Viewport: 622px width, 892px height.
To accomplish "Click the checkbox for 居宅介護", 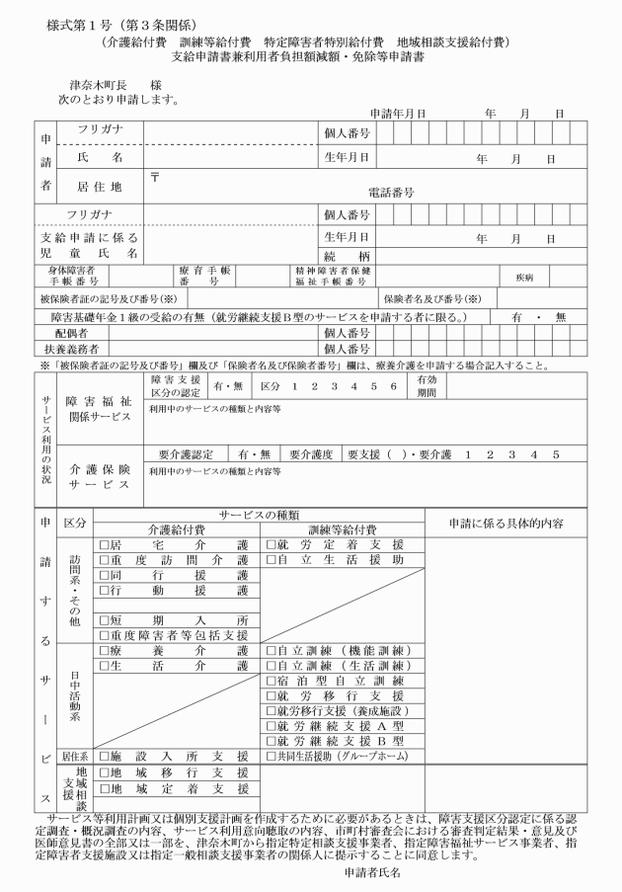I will pyautogui.click(x=103, y=544).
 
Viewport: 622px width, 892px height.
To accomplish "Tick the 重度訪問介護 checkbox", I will pyautogui.click(x=103, y=560).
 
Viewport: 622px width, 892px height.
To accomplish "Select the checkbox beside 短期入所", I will pyautogui.click(x=103, y=619).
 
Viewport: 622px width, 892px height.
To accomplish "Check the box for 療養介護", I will pyautogui.click(x=103, y=651).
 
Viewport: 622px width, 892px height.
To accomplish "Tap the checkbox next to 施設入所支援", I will pyautogui.click(x=103, y=756).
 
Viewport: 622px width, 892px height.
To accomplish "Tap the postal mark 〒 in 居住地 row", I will pyautogui.click(x=154, y=175).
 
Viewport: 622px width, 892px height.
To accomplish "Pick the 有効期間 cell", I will pyautogui.click(x=428, y=384).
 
